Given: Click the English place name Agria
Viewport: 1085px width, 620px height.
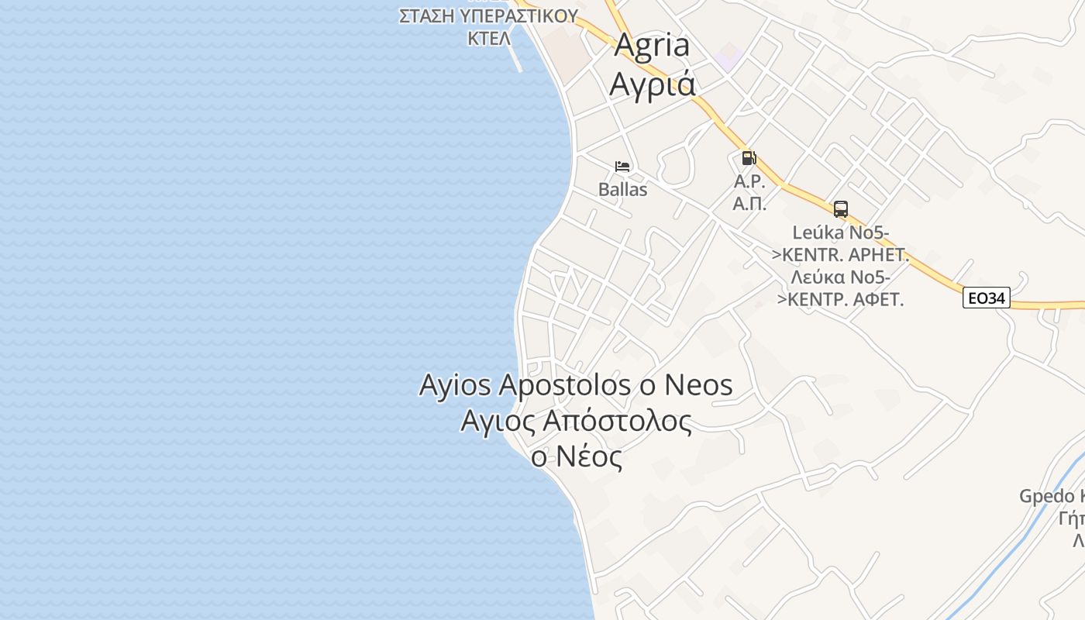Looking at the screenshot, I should click(651, 46).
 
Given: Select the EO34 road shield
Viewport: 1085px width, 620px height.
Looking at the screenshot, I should click(987, 298).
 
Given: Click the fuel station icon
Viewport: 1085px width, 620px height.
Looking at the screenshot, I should click(749, 158).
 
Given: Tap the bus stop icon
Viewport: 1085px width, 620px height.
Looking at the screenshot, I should click(841, 208).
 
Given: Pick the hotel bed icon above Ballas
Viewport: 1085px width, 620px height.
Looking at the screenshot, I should click(622, 167).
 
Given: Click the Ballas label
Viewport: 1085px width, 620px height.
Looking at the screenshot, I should click(622, 189).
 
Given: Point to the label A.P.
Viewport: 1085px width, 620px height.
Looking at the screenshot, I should click(749, 183).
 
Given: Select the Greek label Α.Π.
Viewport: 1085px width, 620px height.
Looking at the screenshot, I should click(749, 204).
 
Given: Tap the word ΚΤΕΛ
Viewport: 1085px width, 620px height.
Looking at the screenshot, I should click(488, 38).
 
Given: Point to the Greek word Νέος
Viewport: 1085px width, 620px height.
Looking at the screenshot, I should click(588, 456).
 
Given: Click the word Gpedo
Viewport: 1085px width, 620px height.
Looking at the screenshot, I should click(1046, 496).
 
